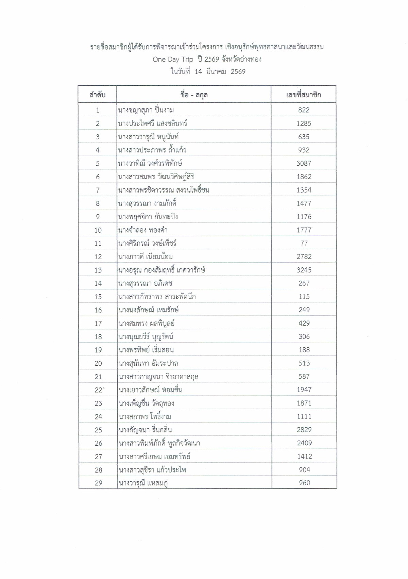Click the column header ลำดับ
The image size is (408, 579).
click(97, 95)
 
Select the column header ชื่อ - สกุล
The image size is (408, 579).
click(194, 95)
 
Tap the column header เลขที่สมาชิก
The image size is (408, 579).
click(303, 95)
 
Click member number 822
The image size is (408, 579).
click(304, 110)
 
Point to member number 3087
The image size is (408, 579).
click(304, 163)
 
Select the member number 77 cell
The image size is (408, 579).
click(304, 243)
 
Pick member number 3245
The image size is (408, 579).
click(304, 270)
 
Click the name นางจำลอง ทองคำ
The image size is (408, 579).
click(143, 230)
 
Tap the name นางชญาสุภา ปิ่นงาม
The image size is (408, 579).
click(146, 110)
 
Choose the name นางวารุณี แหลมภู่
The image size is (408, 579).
click(143, 483)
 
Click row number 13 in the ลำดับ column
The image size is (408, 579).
click(98, 270)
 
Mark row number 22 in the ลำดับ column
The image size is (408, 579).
click(98, 390)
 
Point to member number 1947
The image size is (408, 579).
click(304, 390)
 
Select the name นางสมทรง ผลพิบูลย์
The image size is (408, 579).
click(147, 323)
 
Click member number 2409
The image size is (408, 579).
click(304, 443)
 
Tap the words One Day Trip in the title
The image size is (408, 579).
click(173, 59)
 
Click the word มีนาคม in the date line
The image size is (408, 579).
click(216, 71)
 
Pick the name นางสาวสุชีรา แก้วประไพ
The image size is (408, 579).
click(152, 470)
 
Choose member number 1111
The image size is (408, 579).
click(304, 416)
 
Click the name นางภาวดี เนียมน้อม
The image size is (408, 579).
click(146, 257)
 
